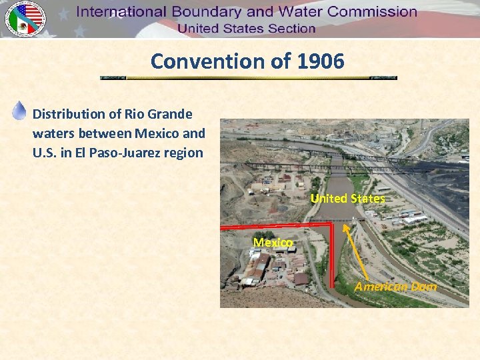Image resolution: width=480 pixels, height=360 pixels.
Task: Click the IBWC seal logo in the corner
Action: click(25, 19)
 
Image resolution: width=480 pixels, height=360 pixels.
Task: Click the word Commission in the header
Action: click(370, 12)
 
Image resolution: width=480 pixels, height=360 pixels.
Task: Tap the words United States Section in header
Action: click(246, 29)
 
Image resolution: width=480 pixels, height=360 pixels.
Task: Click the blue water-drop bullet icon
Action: click(19, 110)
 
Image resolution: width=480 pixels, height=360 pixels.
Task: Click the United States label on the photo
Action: click(347, 199)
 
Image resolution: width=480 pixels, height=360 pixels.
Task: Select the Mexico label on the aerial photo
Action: click(272, 243)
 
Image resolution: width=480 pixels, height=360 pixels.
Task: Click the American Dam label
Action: click(395, 287)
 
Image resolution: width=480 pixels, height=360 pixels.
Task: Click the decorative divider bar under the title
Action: click(248, 78)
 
